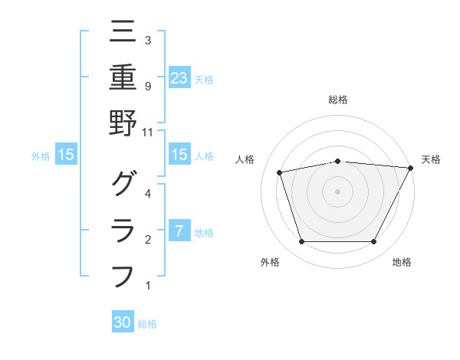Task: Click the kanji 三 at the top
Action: coord(123,31)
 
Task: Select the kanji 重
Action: coord(123,77)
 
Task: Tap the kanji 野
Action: coord(123,123)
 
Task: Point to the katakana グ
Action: coord(123,185)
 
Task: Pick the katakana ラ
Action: coord(123,230)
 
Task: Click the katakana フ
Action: coord(123,276)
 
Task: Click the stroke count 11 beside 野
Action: coord(149,132)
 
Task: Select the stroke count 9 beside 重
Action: coord(148,86)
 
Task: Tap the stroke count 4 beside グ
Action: coord(148,193)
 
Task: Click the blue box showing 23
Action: coord(179,77)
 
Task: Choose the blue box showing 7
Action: coord(179,231)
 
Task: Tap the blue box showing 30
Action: coord(123,322)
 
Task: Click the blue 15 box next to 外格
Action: coord(66,155)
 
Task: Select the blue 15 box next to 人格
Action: coord(179,155)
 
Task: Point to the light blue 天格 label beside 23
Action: coord(204,79)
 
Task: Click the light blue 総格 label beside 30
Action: coord(147,324)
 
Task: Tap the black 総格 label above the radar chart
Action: coord(337,100)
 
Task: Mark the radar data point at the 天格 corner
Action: coord(412,168)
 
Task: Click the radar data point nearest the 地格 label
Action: coord(373,242)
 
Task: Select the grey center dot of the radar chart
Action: coord(337,191)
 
